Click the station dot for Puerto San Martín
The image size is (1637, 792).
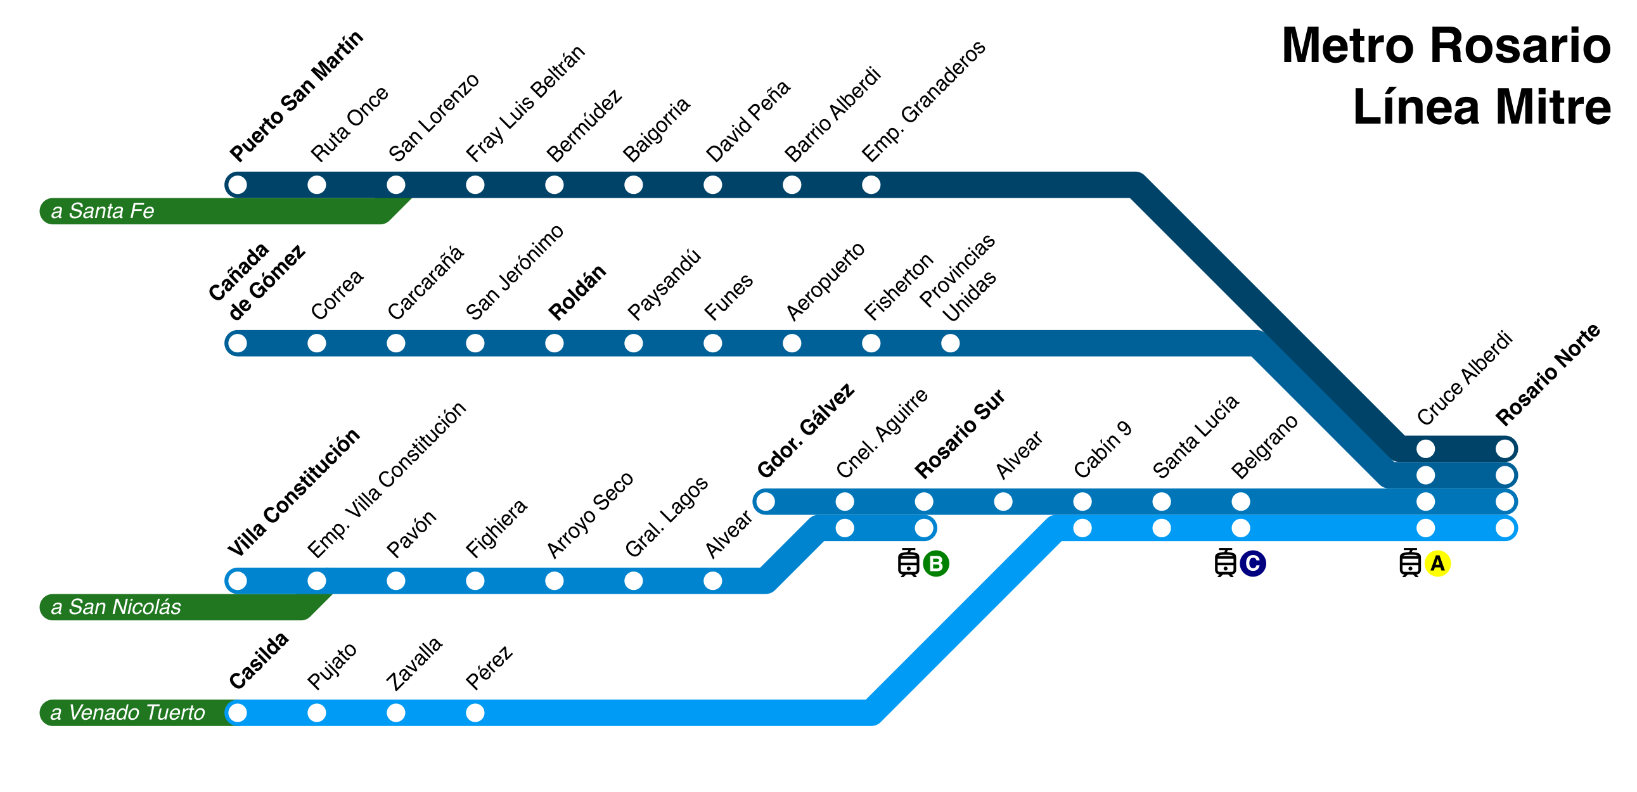pos(237,185)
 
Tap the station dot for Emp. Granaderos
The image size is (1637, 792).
pos(871,185)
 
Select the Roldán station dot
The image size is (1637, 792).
pos(554,343)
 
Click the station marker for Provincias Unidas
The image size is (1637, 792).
pos(950,343)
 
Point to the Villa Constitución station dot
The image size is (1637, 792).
pos(237,580)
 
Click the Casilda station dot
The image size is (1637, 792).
pos(237,713)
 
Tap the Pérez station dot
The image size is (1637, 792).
pos(475,713)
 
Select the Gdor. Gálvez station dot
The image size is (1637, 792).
pos(765,501)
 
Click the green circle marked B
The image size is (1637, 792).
pos(935,563)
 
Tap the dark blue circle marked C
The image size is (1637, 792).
pos(1252,563)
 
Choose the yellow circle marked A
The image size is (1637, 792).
pos(1437,563)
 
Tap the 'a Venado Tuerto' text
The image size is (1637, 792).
pos(127,713)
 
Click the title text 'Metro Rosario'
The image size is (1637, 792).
pos(1446,46)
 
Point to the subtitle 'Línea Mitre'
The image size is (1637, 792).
pos(1481,106)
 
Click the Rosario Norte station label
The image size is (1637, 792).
pos(1547,374)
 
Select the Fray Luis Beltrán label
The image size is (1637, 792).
pos(525,103)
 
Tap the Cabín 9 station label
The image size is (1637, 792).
pos(1103,449)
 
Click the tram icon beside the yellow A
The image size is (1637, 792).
pos(1409,563)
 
